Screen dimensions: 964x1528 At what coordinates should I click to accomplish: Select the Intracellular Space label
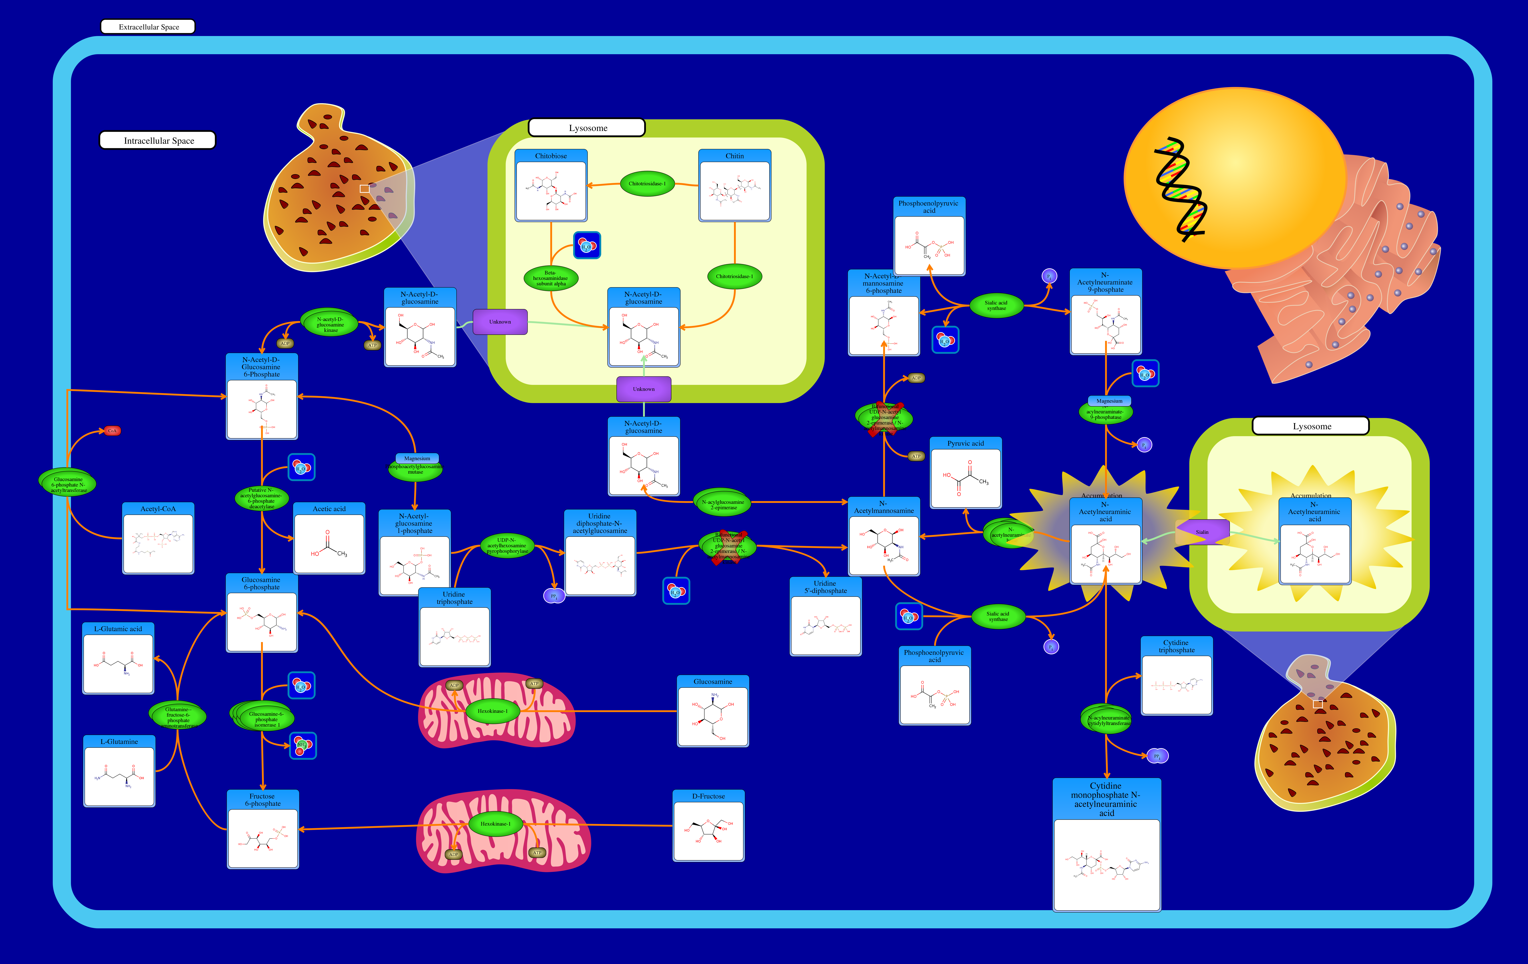pyautogui.click(x=158, y=140)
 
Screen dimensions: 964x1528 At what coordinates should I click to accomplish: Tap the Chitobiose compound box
pyautogui.click(x=551, y=186)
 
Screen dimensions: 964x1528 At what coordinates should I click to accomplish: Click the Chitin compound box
pyautogui.click(x=734, y=186)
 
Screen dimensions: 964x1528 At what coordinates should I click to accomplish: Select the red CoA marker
pyautogui.click(x=112, y=431)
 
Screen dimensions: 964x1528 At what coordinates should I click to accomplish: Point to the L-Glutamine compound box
pyautogui.click(x=119, y=771)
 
